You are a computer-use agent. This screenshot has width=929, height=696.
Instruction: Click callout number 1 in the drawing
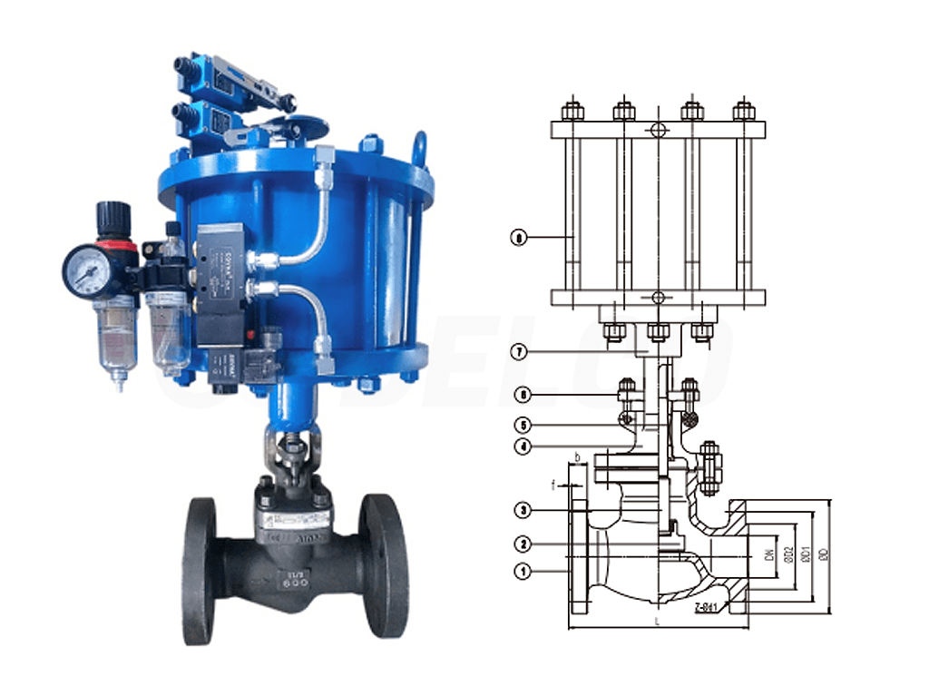[522, 572]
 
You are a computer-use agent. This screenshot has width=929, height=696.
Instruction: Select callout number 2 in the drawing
[522, 544]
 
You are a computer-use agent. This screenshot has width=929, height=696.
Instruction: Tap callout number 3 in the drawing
[522, 511]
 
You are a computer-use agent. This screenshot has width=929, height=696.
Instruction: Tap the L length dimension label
[655, 621]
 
